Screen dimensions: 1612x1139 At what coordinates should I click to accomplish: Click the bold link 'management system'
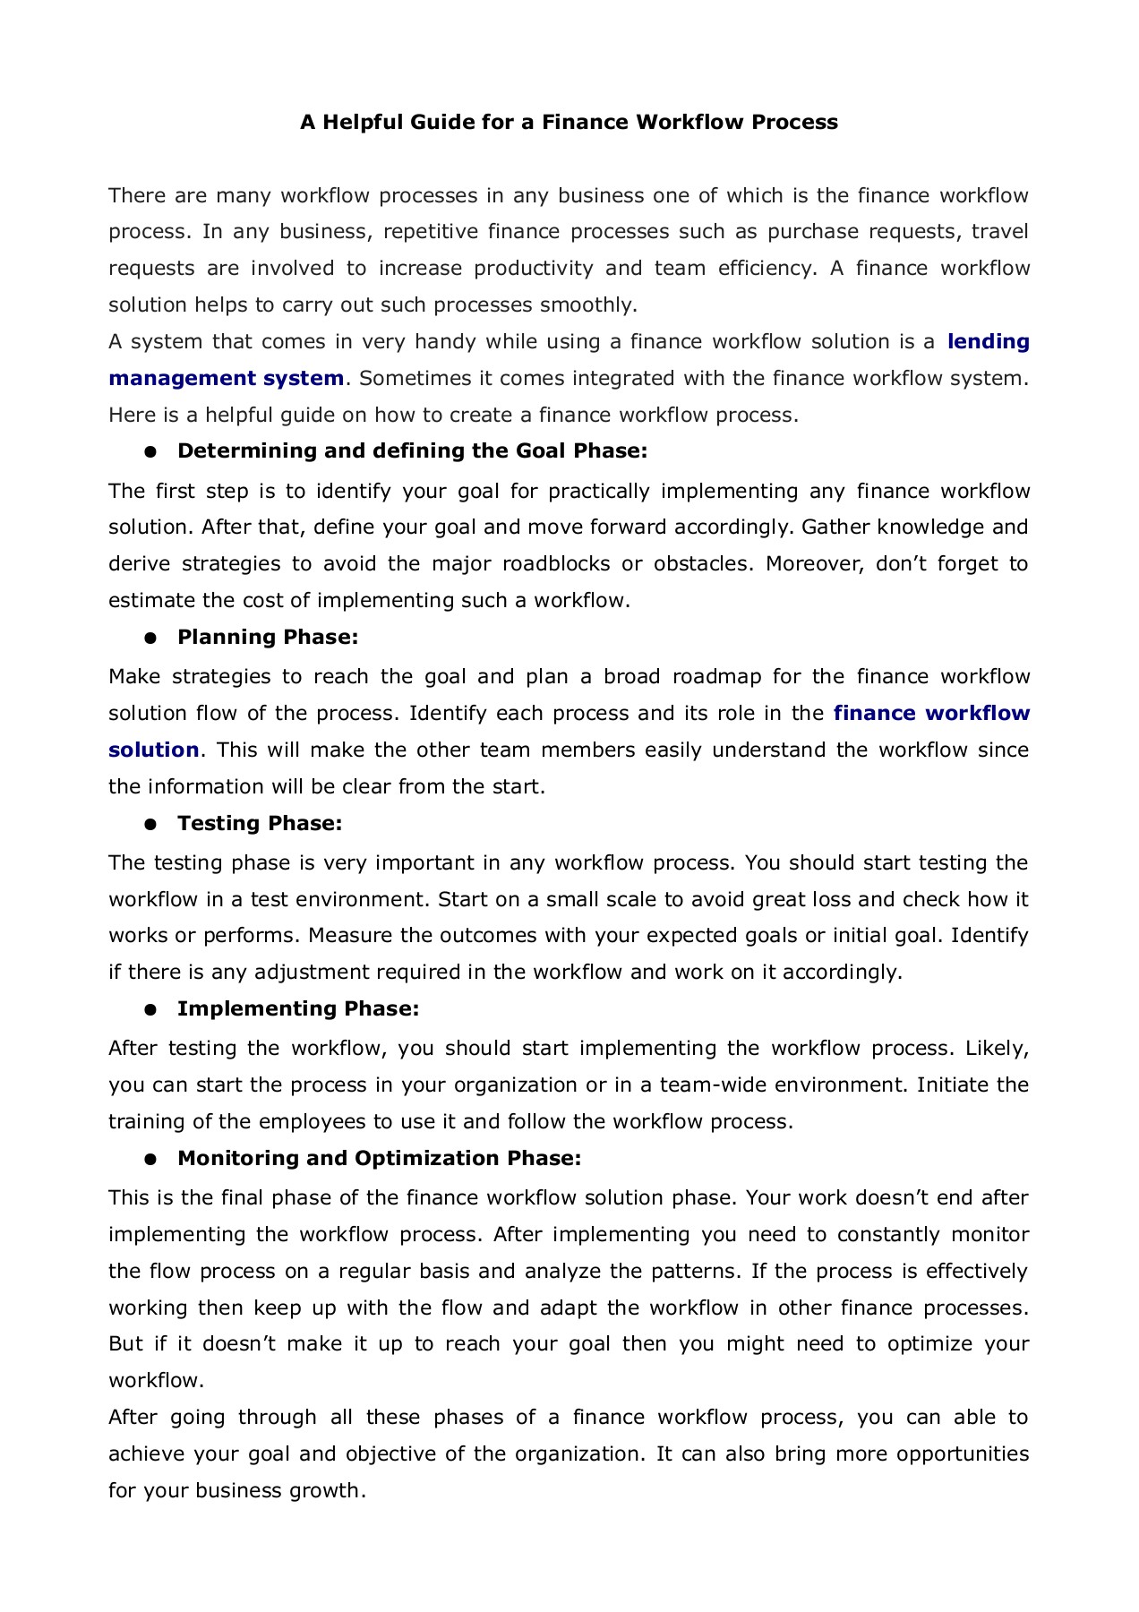(x=226, y=378)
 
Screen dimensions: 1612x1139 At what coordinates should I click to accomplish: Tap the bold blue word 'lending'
(x=988, y=341)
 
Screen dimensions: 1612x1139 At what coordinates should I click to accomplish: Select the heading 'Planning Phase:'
(x=268, y=637)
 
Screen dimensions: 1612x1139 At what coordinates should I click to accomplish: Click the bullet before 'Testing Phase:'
(x=150, y=824)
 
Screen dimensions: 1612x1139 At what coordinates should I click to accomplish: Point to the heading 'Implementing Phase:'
(x=298, y=1008)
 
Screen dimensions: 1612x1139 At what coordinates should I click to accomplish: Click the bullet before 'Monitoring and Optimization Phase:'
(x=150, y=1159)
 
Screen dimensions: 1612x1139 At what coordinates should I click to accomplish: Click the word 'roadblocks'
(x=556, y=563)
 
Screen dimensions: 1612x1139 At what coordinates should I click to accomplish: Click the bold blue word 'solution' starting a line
(x=153, y=750)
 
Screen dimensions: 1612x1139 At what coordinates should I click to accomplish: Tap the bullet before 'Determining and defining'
(x=150, y=451)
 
